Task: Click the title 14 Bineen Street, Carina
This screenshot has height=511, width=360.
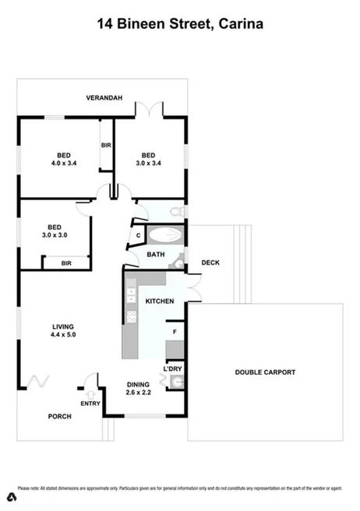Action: pos(180,24)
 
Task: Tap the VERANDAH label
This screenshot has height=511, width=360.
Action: pos(104,98)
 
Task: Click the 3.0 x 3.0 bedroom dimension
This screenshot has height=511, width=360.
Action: pos(55,234)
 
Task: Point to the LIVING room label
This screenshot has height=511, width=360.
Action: pos(63,326)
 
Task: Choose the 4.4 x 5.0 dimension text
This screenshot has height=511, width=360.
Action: pos(63,335)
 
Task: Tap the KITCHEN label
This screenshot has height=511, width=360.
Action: pos(160,301)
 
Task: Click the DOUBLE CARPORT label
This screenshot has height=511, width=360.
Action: pos(265,372)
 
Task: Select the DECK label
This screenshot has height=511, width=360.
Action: pos(210,263)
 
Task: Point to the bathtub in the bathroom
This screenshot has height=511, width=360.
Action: pos(164,235)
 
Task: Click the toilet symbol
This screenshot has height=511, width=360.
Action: pos(176,212)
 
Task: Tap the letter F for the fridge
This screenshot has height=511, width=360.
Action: pos(174,332)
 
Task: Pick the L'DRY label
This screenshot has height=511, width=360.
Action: pos(173,368)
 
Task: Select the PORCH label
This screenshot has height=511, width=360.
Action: pos(60,416)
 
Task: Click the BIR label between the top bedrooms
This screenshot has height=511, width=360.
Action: pos(106,145)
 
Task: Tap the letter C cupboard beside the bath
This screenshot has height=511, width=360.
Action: pos(138,234)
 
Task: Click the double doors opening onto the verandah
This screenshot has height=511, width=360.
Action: pos(150,109)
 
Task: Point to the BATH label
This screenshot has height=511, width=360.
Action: pos(156,255)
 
